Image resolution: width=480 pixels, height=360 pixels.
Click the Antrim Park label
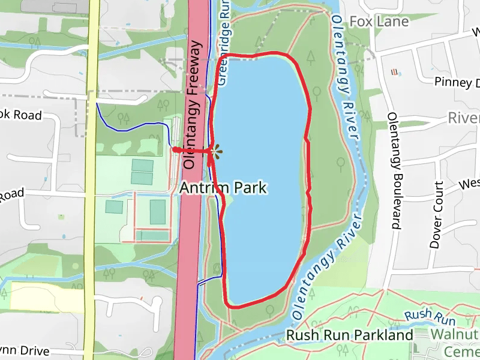[x=223, y=188]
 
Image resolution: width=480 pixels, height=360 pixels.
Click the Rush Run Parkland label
[x=350, y=335]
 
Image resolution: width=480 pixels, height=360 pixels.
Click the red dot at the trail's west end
[x=174, y=149]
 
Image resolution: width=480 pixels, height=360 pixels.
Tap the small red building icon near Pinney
[x=394, y=72]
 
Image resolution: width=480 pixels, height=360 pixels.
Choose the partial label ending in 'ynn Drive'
[x=24, y=350]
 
